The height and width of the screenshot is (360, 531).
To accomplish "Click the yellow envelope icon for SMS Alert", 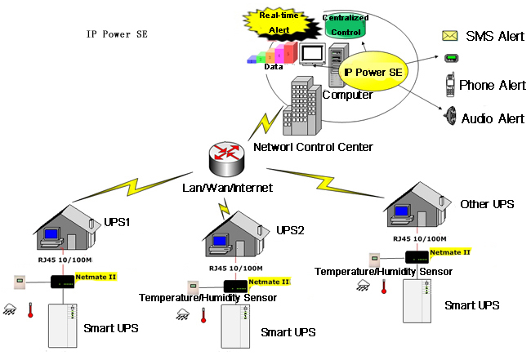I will click(x=449, y=35).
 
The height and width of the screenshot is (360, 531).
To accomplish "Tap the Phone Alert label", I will click(x=492, y=85).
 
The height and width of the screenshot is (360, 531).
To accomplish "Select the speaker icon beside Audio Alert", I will click(x=448, y=116).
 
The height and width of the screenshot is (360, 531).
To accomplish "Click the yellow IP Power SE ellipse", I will click(x=373, y=73).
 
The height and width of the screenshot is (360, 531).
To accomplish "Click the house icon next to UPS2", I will click(x=234, y=233).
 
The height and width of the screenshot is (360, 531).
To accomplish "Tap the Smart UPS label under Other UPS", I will click(x=471, y=304).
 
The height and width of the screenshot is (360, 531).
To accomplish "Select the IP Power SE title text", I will click(x=118, y=35).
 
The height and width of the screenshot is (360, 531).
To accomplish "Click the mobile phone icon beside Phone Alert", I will click(x=449, y=85).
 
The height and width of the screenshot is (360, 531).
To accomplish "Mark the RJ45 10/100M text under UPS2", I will click(x=235, y=268).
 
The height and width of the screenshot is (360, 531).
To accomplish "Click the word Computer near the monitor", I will click(x=348, y=96).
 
